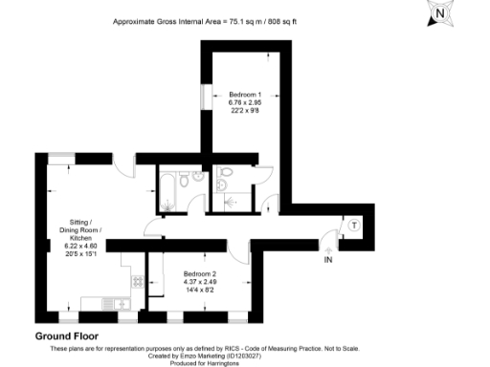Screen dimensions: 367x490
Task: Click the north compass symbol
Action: point(439,12)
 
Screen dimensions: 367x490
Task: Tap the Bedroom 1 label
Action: point(245,95)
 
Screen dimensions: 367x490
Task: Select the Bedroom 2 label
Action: point(200,272)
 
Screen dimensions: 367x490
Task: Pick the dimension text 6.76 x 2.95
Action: point(245,102)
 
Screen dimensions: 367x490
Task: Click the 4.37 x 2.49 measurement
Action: point(200,281)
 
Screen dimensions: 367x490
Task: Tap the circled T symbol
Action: point(354,226)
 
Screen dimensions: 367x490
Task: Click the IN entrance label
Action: point(328,260)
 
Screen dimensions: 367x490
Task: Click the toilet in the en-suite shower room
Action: point(226,173)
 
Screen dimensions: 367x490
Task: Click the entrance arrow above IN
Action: point(328,248)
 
